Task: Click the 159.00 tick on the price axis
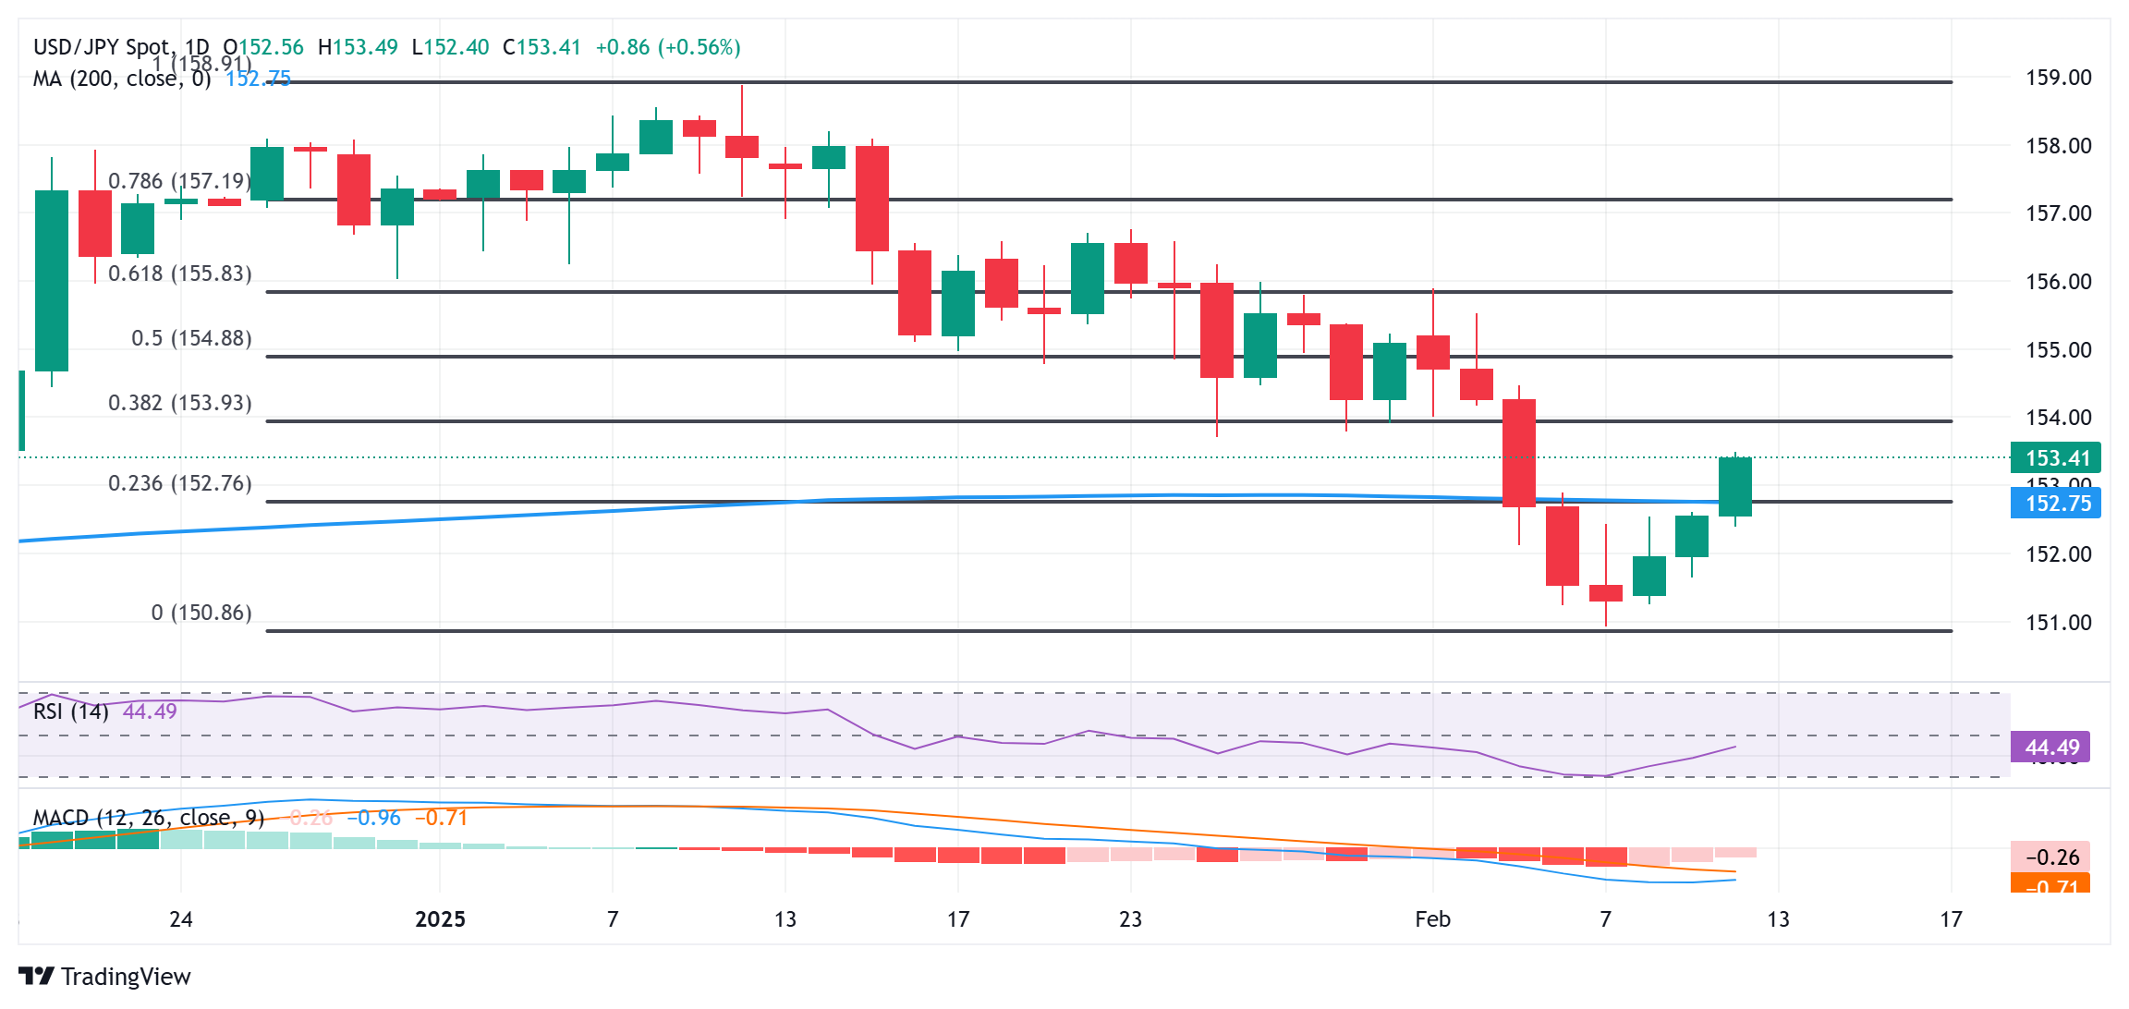[2058, 78]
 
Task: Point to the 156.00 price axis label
[2058, 282]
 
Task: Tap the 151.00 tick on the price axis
[2058, 623]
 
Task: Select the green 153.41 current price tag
[2056, 458]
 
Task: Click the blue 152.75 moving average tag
[2056, 504]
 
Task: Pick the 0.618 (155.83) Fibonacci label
[180, 274]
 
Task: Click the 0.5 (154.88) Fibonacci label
[191, 338]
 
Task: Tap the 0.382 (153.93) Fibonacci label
[180, 403]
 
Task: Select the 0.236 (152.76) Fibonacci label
[180, 483]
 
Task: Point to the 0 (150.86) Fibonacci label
[201, 613]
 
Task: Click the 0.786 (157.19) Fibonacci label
[180, 181]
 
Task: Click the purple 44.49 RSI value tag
[2051, 748]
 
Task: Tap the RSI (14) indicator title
[71, 711]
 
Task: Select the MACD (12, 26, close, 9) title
[149, 818]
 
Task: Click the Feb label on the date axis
[1432, 919]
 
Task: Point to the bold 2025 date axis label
[440, 919]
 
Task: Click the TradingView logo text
[126, 977]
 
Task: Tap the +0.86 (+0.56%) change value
[668, 47]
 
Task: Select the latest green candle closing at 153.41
[1734, 487]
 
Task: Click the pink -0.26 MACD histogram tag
[2050, 857]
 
